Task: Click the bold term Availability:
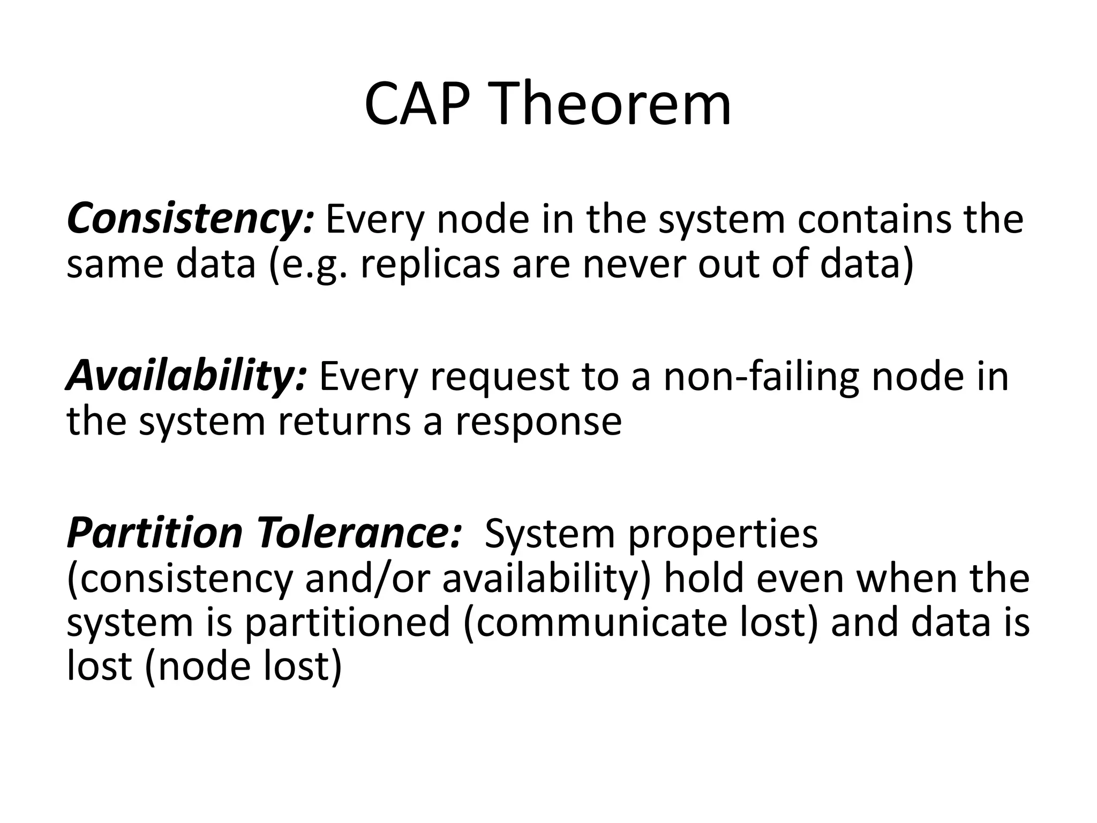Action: (186, 376)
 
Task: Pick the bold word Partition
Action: (155, 533)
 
